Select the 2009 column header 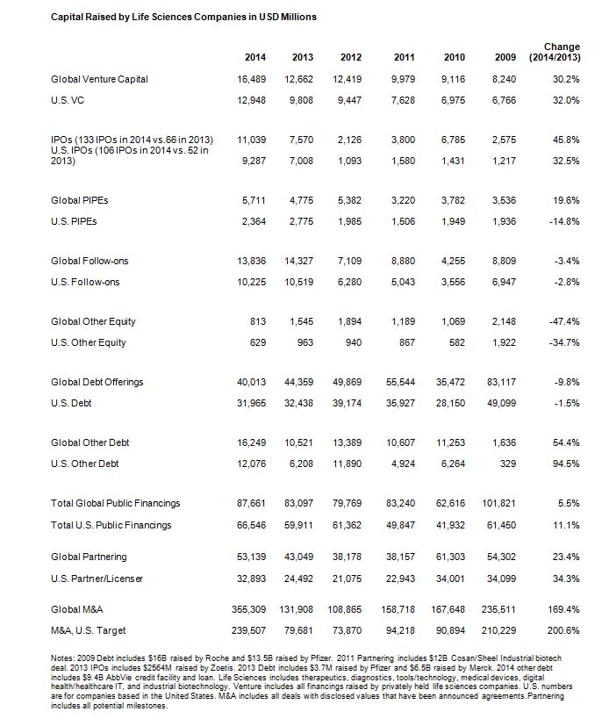pos(505,58)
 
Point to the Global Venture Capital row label pos(99,79)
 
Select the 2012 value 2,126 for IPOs pos(354,140)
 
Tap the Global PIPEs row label pos(80,200)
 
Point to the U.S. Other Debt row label pos(85,464)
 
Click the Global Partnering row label pos(89,557)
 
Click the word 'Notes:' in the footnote pos(66,656)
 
